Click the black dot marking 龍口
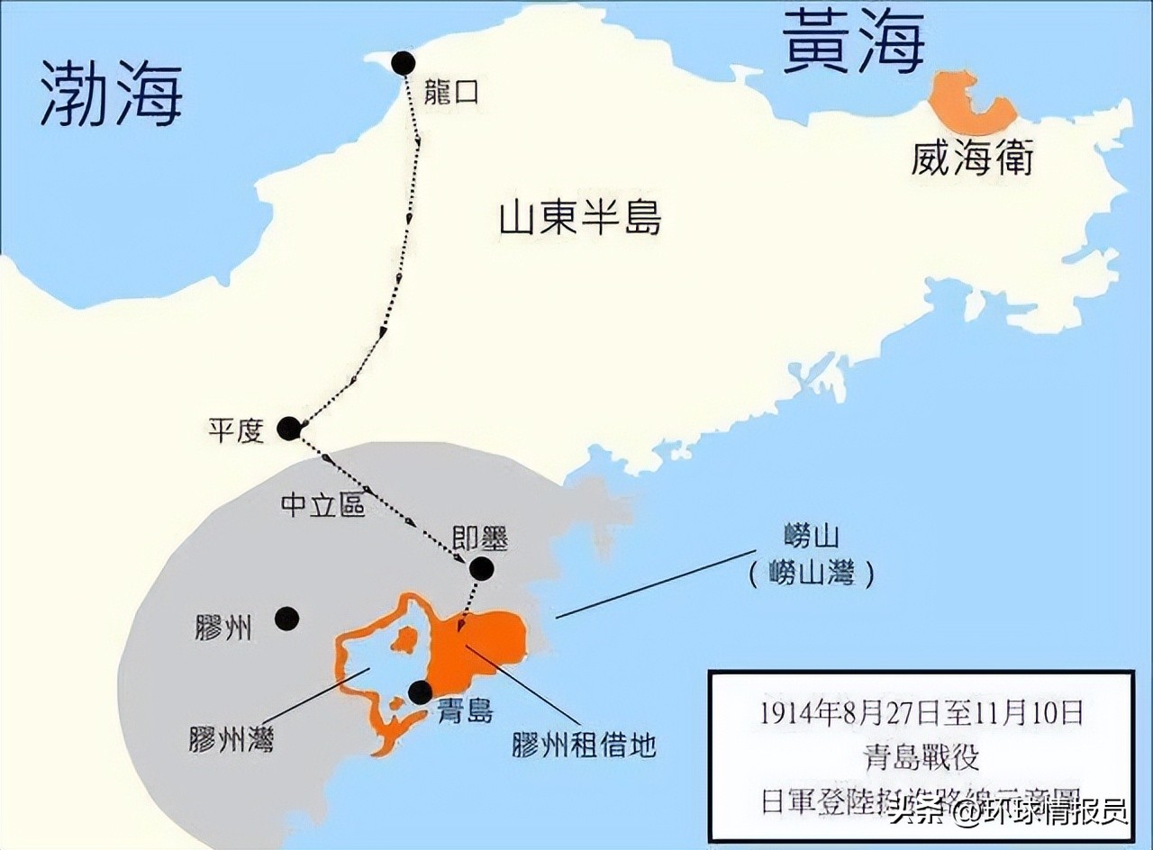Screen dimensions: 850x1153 click(403, 63)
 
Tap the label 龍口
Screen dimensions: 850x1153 click(450, 92)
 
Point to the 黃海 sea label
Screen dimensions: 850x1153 click(852, 41)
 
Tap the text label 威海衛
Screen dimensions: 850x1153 click(971, 160)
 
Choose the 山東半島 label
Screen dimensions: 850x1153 click(580, 219)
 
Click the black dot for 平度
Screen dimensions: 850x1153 click(289, 429)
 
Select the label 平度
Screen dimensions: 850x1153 click(236, 430)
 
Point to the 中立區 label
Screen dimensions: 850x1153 click(323, 506)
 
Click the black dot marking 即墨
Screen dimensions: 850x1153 click(481, 568)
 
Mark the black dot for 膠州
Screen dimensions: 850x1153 click(286, 618)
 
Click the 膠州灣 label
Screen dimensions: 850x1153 click(232, 738)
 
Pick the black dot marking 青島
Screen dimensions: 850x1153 click(420, 692)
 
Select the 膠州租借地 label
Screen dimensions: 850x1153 click(584, 746)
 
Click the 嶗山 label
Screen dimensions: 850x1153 click(811, 538)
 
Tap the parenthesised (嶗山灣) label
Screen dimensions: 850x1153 click(811, 574)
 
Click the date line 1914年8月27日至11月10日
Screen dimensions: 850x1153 click(920, 714)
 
